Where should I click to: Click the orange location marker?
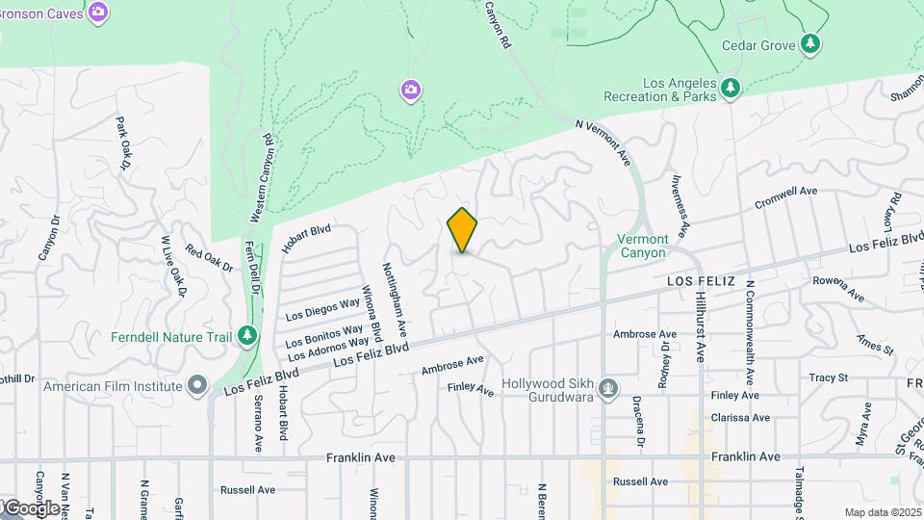463,230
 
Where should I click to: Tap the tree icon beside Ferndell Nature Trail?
248,335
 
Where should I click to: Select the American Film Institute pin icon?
198,386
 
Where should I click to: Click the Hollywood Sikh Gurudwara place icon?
607,389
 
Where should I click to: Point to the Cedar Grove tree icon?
811,43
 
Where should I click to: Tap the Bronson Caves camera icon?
97,12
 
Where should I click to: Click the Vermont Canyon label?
642,246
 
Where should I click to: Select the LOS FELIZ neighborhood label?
701,280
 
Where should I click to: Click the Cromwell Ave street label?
785,197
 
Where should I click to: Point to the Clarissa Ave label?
740,418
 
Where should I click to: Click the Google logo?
31,507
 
